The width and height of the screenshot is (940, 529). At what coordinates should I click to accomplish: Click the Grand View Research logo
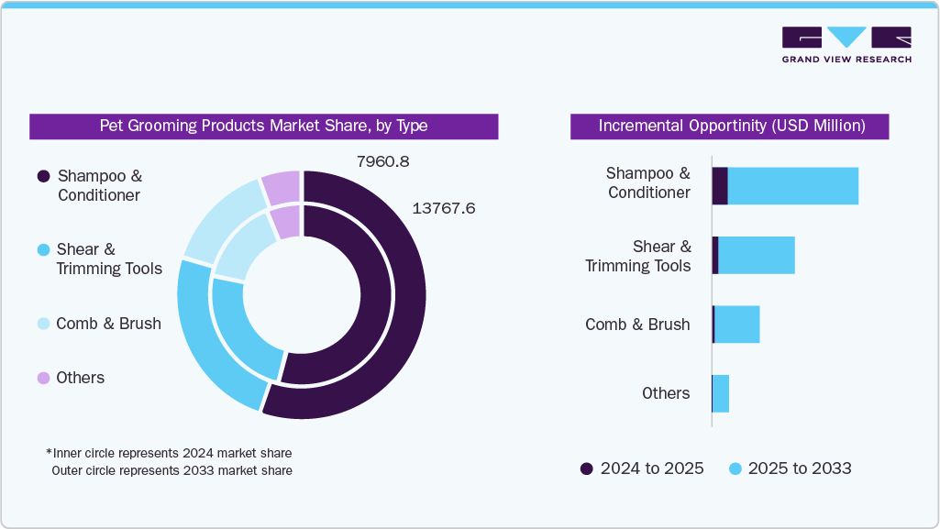(846, 44)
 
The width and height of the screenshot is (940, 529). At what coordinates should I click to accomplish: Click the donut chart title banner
(263, 127)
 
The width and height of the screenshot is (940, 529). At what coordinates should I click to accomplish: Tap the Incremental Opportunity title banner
(731, 127)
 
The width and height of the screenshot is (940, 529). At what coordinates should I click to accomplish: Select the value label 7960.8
(382, 162)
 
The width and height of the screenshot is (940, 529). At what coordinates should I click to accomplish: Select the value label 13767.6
(443, 209)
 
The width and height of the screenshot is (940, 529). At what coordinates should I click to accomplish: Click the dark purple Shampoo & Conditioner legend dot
(42, 176)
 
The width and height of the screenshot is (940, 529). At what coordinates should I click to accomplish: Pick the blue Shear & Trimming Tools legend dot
(42, 250)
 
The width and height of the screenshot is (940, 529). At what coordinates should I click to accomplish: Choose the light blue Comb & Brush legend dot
(42, 324)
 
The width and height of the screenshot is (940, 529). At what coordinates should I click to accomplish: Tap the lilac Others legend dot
(42, 378)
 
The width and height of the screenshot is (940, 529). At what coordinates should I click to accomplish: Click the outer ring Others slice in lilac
(282, 186)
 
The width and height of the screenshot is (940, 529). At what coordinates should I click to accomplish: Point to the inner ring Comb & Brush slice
(242, 248)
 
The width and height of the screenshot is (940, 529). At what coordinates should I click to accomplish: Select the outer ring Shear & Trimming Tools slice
(207, 339)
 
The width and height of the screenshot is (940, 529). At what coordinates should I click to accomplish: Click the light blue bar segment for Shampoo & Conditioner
(792, 186)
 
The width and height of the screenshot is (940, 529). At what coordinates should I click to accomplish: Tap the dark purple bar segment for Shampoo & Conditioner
(720, 186)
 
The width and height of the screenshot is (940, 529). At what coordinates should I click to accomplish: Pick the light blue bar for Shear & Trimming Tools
(756, 255)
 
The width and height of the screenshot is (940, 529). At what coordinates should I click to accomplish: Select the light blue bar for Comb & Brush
(736, 325)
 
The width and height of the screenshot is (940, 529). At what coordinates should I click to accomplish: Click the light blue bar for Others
(721, 393)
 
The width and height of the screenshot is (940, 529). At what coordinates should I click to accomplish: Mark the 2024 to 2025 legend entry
(642, 468)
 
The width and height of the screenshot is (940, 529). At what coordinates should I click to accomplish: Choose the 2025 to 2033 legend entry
(790, 468)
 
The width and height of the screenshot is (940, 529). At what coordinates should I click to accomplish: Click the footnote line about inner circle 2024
(169, 453)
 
